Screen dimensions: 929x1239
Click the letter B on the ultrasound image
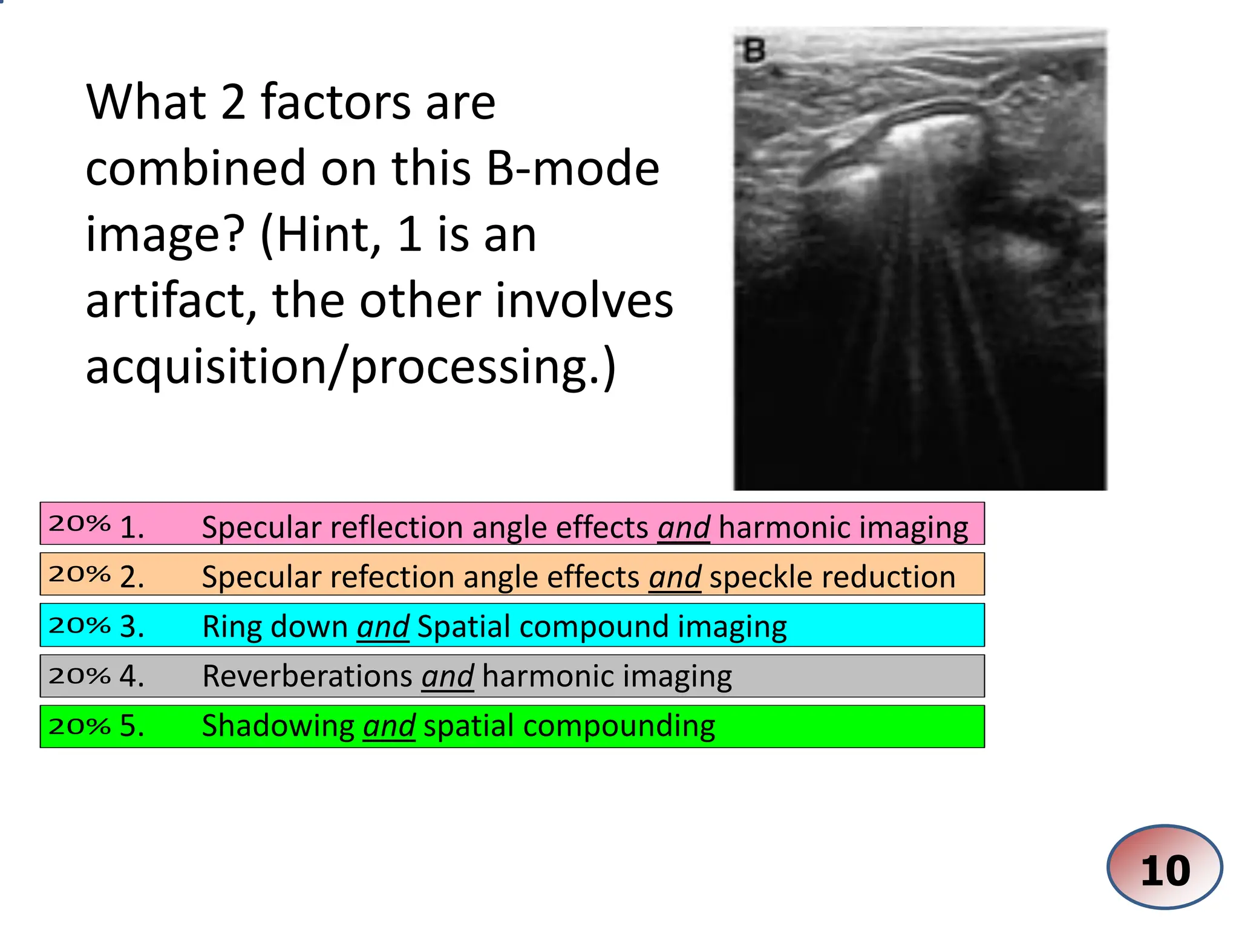(x=754, y=51)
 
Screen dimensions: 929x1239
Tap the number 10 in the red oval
(x=1165, y=870)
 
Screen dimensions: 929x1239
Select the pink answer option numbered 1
(x=512, y=524)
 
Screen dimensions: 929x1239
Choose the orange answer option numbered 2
(x=512, y=575)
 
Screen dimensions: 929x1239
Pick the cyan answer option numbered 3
(x=512, y=625)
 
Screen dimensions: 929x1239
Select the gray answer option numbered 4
(x=512, y=676)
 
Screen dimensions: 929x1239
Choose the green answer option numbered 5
(x=512, y=726)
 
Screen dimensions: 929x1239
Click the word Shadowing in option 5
(x=278, y=725)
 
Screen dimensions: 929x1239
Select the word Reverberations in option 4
(x=308, y=676)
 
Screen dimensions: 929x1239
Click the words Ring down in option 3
(x=275, y=626)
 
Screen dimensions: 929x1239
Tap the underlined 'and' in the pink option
(x=684, y=527)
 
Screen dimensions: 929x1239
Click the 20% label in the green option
(x=79, y=726)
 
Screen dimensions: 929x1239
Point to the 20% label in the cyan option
(x=79, y=625)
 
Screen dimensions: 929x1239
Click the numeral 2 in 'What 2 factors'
(x=233, y=102)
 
